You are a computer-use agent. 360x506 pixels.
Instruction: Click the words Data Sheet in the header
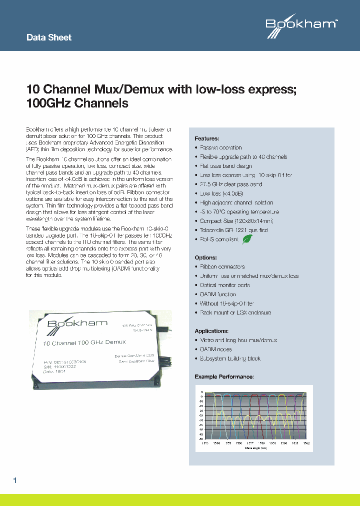pyautogui.click(x=48, y=37)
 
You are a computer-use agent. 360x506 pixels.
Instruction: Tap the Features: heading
pyautogui.click(x=206, y=138)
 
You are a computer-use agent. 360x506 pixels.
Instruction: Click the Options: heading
pyautogui.click(x=205, y=258)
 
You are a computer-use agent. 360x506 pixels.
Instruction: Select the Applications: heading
pyautogui.click(x=211, y=331)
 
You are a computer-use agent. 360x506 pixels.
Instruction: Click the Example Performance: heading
pyautogui.click(x=224, y=376)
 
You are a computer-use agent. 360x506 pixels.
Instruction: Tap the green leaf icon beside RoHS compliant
pyautogui.click(x=247, y=239)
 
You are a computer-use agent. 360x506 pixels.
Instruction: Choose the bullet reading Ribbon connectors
pyautogui.click(x=222, y=267)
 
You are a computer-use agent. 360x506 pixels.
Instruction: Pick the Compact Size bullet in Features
pyautogui.click(x=229, y=221)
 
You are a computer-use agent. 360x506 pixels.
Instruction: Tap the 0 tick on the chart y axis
pyautogui.click(x=201, y=392)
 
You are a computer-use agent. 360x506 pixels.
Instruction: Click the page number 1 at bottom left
pyautogui.click(x=15, y=480)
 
